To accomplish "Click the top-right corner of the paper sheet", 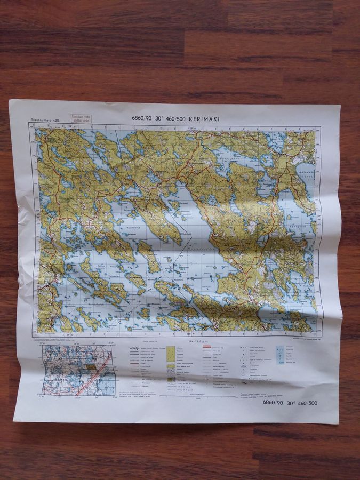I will click(x=340, y=105).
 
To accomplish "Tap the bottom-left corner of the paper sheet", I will click(x=15, y=419).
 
